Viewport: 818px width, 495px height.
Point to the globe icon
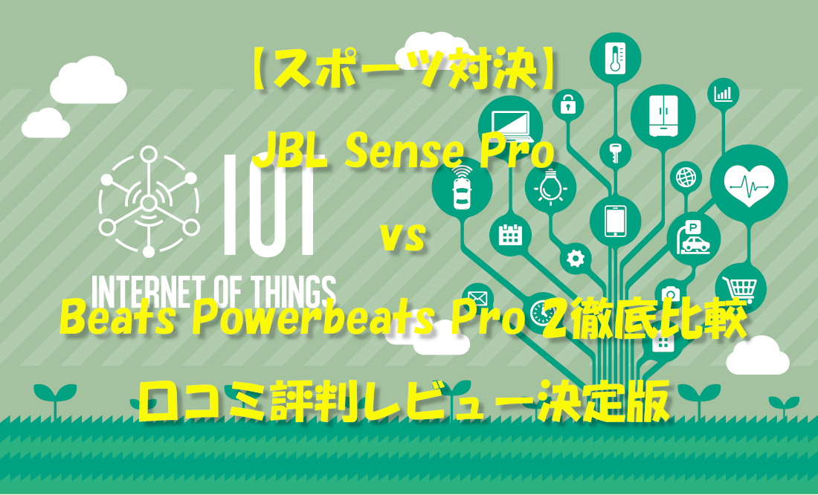pyautogui.click(x=684, y=177)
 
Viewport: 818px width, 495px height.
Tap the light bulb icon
pyautogui.click(x=550, y=187)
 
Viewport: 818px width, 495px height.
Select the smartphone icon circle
pyautogui.click(x=615, y=221)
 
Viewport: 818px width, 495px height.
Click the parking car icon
pyautogui.click(x=694, y=237)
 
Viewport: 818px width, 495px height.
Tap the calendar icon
pyautogui.click(x=510, y=235)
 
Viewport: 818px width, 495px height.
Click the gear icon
pyautogui.click(x=575, y=258)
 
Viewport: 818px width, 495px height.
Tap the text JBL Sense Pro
pyautogui.click(x=404, y=153)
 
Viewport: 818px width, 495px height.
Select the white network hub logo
pyautogui.click(x=149, y=201)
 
